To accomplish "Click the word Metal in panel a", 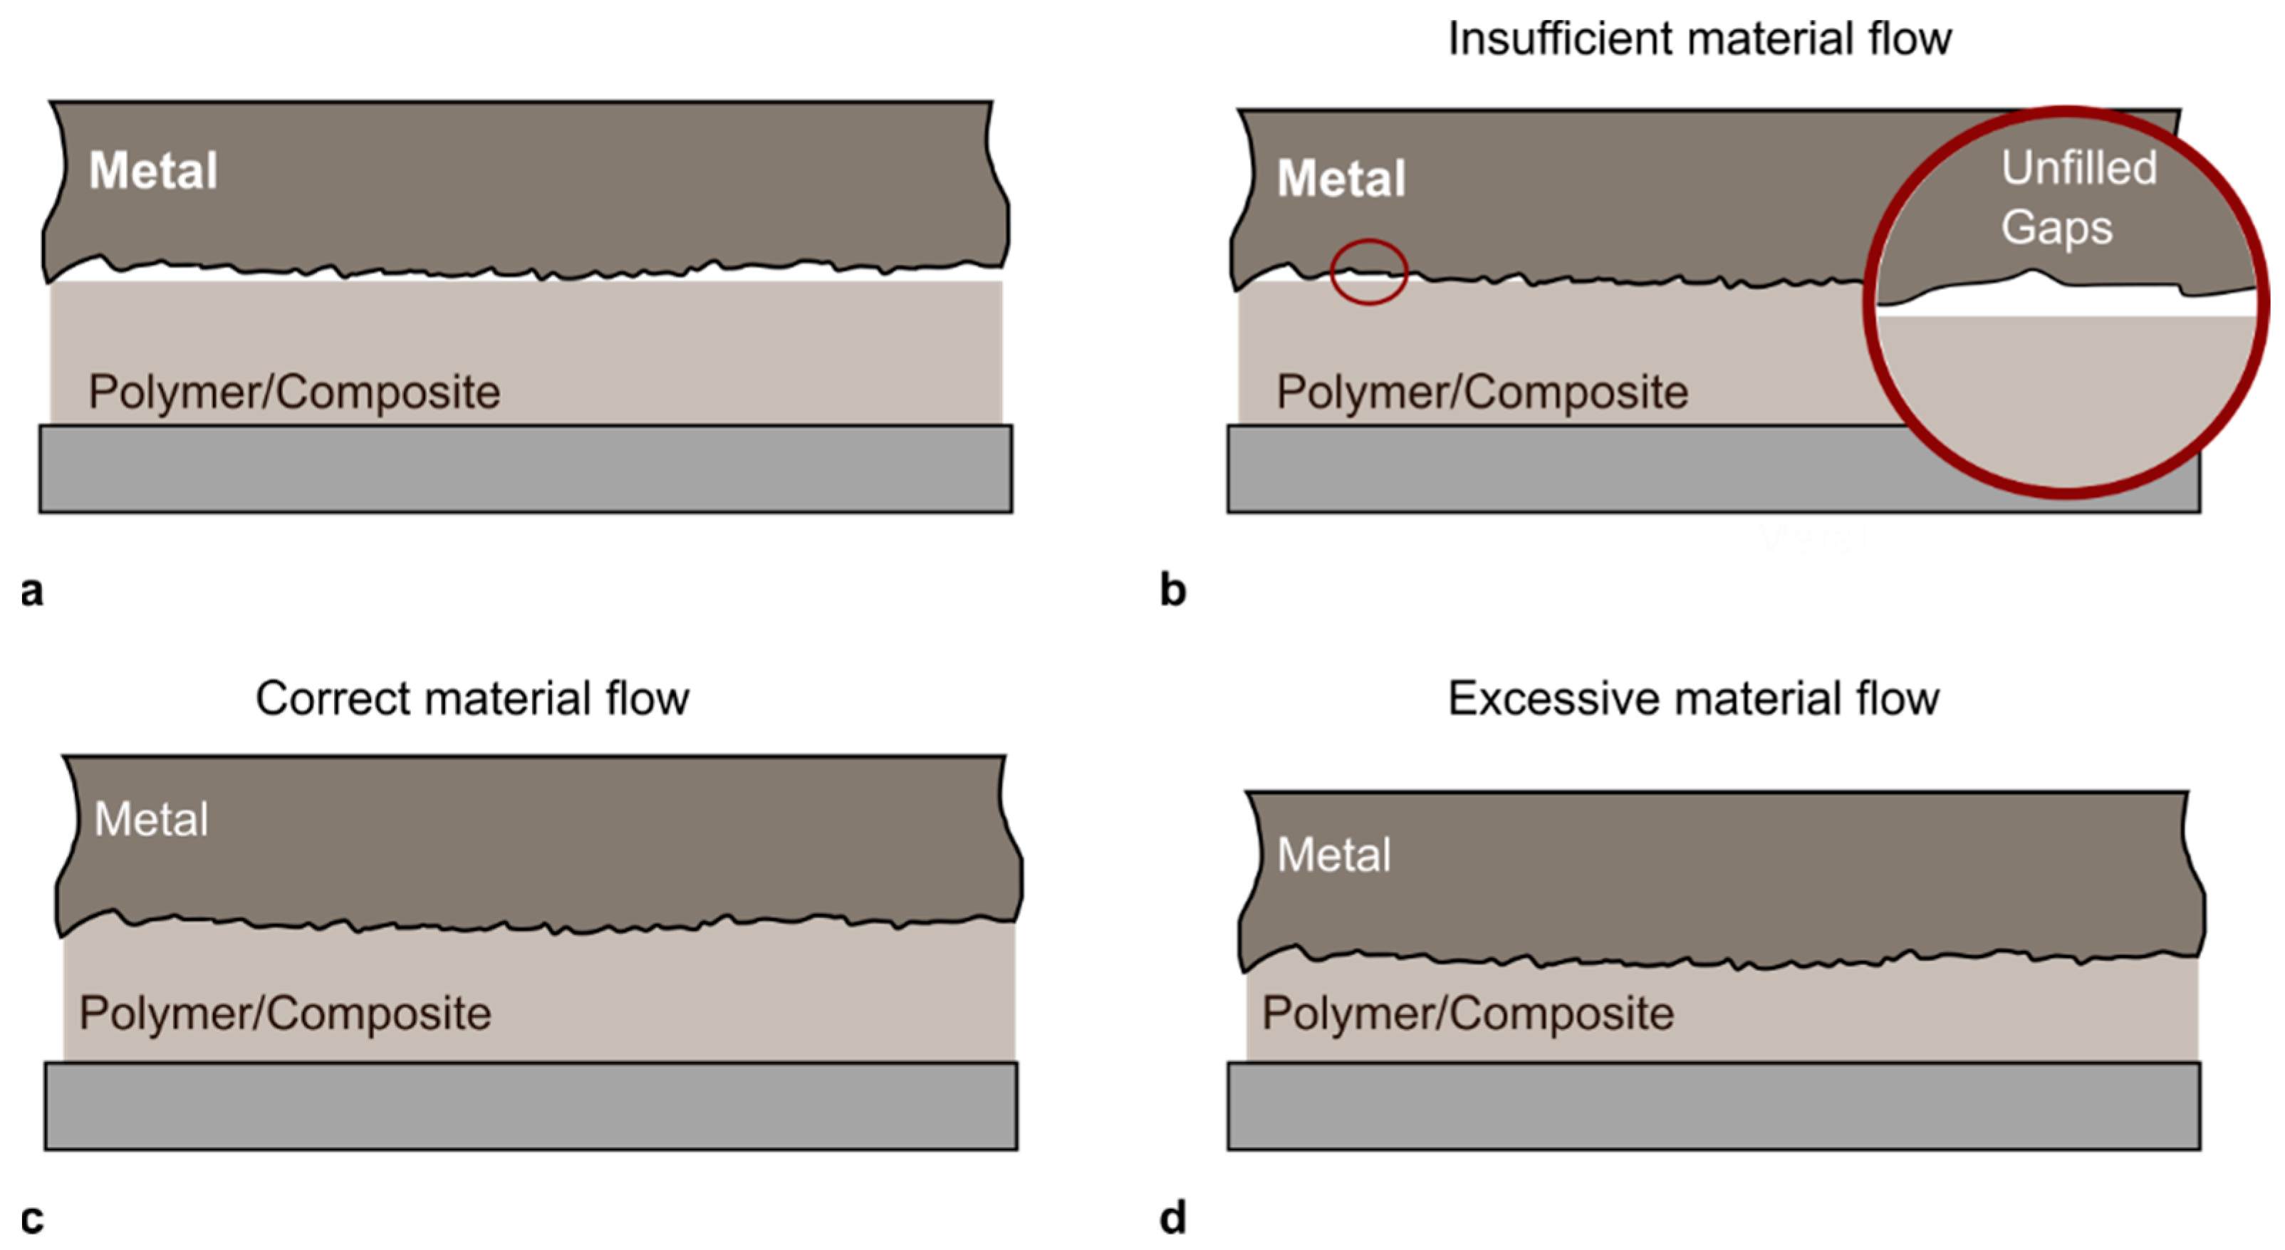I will click(x=152, y=170).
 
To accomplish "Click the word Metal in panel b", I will click(x=1341, y=179).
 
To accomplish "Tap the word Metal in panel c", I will click(x=151, y=819).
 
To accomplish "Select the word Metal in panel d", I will click(x=1333, y=855).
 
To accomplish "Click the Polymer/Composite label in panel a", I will click(x=293, y=392).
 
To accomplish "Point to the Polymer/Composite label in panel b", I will click(x=1482, y=392).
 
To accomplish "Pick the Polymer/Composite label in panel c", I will click(x=285, y=1013).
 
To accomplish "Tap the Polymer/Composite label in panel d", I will click(x=1468, y=1013).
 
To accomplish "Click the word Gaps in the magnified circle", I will click(x=2056, y=227).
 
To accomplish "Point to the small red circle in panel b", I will click(x=1369, y=272).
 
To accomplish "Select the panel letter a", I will click(x=32, y=591).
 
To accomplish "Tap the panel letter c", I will click(x=32, y=1219).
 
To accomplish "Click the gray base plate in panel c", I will click(x=531, y=1105).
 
